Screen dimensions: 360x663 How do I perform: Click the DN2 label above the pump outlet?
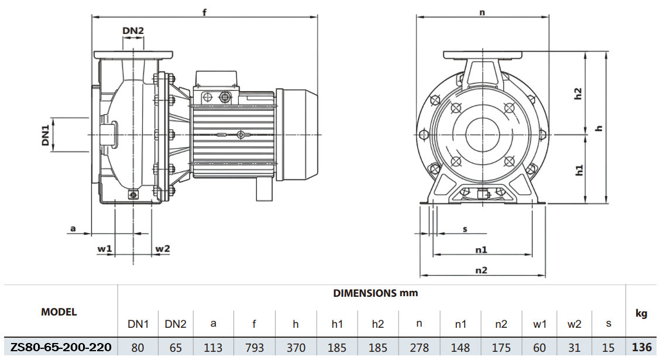[133, 30]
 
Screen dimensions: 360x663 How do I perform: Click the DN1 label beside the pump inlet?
[45, 134]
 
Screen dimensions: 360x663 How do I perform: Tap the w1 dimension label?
[105, 249]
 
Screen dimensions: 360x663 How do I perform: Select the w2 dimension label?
[162, 249]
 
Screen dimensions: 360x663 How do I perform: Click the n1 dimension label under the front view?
[481, 249]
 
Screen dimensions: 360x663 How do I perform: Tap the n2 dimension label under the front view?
[481, 270]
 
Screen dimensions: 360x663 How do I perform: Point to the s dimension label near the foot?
[465, 228]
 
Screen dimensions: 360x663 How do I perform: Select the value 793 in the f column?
[255, 348]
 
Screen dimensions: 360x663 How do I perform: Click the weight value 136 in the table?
[641, 347]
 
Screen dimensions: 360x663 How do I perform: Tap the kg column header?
[641, 314]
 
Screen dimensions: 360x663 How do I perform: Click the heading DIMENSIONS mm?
[375, 293]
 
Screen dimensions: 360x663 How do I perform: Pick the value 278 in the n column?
[419, 348]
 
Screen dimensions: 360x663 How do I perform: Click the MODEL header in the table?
[59, 312]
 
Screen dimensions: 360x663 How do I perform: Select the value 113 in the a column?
[213, 348]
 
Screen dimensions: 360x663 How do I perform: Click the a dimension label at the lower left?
[73, 228]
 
